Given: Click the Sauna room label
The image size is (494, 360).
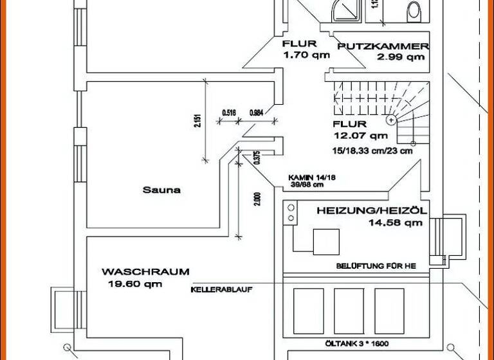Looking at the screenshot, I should click(161, 190).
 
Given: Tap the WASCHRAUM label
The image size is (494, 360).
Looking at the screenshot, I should click(145, 272).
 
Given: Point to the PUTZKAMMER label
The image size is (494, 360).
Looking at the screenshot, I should click(383, 46).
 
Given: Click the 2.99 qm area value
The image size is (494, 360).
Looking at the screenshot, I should click(401, 57).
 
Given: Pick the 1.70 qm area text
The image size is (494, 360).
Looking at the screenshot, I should click(306, 55).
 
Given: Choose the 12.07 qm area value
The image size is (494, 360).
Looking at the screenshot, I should click(360, 136).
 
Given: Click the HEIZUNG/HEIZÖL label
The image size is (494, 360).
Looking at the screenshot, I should click(371, 211).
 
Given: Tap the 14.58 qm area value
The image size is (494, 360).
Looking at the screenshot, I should click(395, 223).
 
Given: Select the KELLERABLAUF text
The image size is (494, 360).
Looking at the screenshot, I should click(221, 290).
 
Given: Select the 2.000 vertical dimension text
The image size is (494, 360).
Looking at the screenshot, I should click(257, 199).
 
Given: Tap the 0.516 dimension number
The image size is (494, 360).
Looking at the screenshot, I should click(228, 113).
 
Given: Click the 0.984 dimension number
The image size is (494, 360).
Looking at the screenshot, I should click(255, 113).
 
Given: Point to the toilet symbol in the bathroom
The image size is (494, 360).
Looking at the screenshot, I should click(414, 10).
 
